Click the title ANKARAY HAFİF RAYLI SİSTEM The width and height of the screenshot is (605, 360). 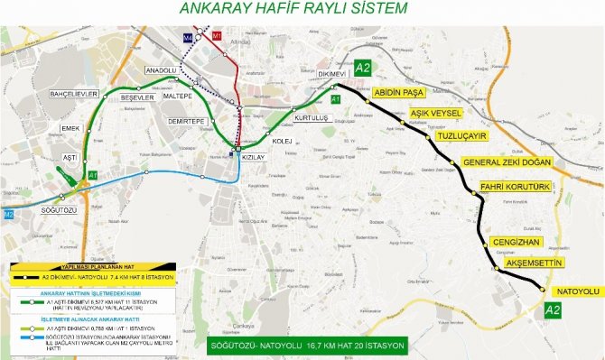click(x=293, y=9)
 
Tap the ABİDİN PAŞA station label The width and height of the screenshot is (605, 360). click(x=397, y=92)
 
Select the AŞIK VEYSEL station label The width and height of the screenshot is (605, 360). click(x=436, y=113)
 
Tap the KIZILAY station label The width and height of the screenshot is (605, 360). click(x=254, y=157)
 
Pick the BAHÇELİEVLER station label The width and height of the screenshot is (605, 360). click(x=60, y=94)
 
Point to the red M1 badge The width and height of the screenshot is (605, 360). click(x=216, y=36)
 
